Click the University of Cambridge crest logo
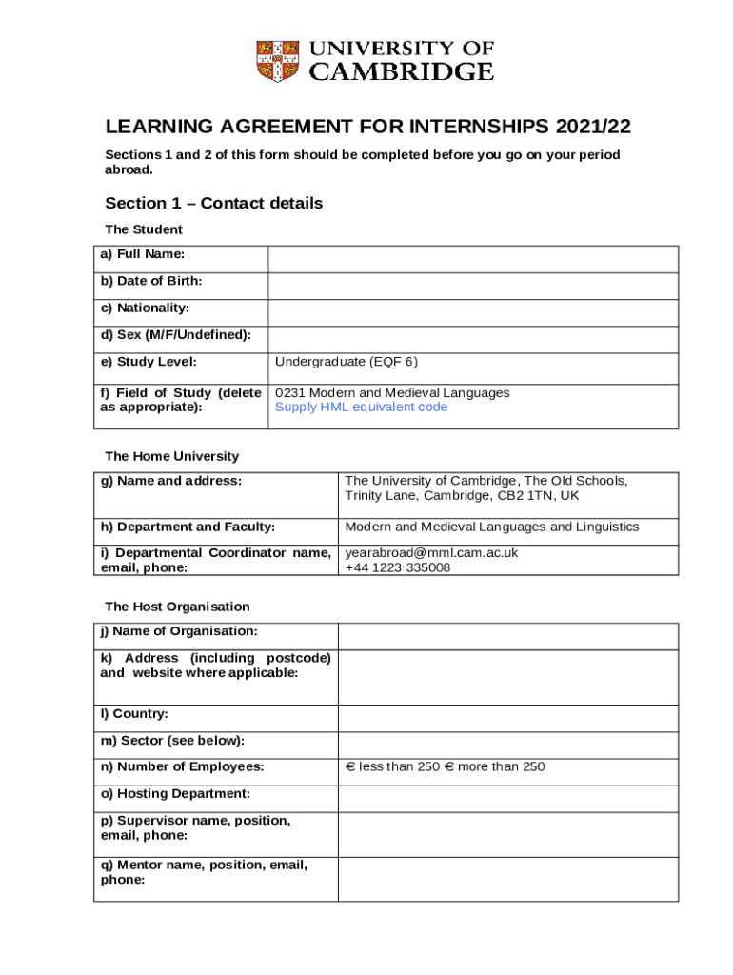point(278,60)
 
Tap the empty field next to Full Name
point(473,259)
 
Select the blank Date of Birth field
point(473,286)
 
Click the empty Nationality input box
point(473,312)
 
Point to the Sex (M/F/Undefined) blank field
point(473,339)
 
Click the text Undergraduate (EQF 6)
point(347,362)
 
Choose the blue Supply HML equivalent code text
point(361,408)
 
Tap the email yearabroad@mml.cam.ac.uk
point(431,553)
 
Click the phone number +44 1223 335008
point(398,567)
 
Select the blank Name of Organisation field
point(508,636)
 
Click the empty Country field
point(508,718)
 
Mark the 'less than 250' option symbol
point(349,767)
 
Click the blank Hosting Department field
point(508,798)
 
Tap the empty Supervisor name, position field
point(508,833)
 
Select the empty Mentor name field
point(508,878)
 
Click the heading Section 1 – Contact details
point(214,204)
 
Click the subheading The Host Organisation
point(177,607)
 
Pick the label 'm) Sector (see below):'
point(172,741)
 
